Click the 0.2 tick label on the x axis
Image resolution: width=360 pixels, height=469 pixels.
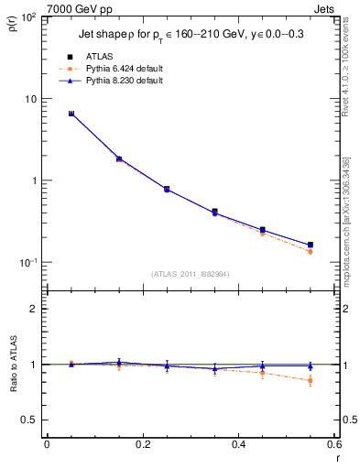tap(142, 445)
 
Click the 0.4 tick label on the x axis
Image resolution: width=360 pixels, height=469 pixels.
tap(238, 445)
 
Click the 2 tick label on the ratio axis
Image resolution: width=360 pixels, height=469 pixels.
tap(33, 310)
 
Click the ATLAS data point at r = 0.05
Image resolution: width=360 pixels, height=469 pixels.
tap(71, 114)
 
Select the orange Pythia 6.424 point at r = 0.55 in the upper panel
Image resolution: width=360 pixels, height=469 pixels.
tap(311, 251)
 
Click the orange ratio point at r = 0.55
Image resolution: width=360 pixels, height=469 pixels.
tap(311, 380)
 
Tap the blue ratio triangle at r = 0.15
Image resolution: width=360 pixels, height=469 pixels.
tap(119, 362)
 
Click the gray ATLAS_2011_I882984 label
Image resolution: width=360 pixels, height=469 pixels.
tap(190, 273)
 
